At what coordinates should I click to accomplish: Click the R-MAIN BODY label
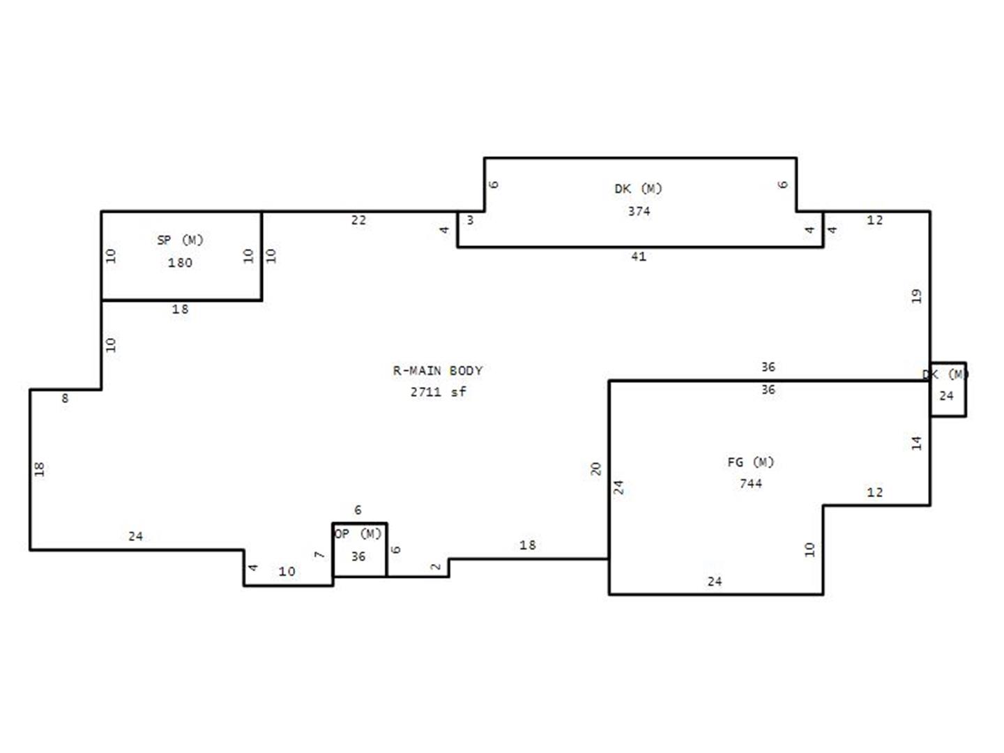(437, 370)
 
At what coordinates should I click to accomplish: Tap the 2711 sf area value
(438, 392)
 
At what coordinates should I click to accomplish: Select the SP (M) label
(180, 240)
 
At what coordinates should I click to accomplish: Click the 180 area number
(180, 263)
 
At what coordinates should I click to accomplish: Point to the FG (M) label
(751, 462)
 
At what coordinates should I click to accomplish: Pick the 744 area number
(751, 483)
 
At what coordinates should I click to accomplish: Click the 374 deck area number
(639, 211)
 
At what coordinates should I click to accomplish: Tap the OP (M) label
(358, 533)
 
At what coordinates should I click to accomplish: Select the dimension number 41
(639, 257)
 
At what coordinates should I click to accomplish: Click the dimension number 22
(358, 220)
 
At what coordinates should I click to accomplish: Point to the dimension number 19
(916, 296)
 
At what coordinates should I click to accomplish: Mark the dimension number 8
(65, 399)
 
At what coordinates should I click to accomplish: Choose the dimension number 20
(595, 469)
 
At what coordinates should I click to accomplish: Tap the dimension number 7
(319, 555)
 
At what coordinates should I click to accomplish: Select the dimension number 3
(470, 220)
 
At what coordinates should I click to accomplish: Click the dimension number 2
(436, 567)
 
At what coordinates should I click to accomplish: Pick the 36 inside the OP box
(358, 556)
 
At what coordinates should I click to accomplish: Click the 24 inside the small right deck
(946, 396)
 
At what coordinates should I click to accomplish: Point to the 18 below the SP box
(180, 310)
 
